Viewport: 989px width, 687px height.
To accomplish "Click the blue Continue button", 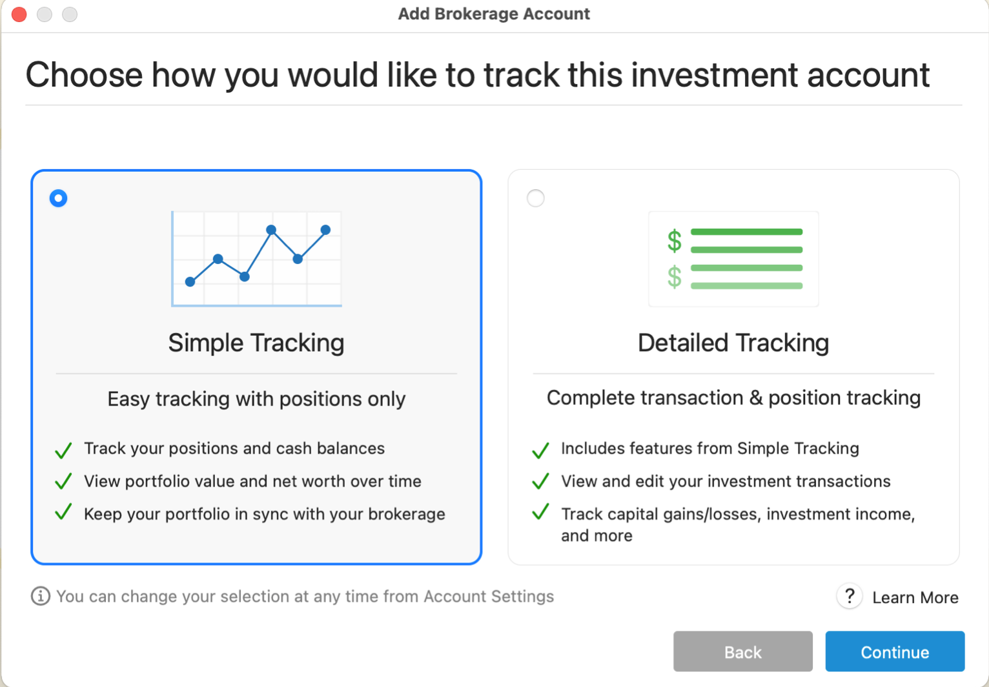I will tap(894, 651).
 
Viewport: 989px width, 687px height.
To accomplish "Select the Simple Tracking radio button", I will tap(59, 198).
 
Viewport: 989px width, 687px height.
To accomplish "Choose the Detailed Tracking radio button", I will tap(536, 198).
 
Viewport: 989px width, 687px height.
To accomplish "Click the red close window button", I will tap(19, 14).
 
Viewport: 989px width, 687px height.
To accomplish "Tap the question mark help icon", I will tap(850, 596).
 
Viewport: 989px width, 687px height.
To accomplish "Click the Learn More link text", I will tap(915, 598).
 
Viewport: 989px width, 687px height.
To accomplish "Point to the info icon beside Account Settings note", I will tap(40, 596).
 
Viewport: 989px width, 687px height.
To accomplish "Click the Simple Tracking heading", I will tap(256, 343).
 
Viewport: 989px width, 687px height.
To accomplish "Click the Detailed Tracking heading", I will tap(733, 343).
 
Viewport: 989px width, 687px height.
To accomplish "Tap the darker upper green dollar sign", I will tap(675, 241).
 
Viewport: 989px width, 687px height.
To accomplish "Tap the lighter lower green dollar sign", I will tap(675, 277).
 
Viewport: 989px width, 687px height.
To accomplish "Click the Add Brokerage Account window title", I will tap(494, 14).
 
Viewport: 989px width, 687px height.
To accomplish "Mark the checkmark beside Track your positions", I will tap(63, 450).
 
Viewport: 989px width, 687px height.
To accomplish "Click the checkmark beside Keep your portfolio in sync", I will tap(63, 513).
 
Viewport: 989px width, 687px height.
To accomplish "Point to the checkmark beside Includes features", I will tap(540, 450).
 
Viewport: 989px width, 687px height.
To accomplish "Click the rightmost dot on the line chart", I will tap(325, 230).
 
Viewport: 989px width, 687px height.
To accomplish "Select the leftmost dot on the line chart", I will tap(190, 282).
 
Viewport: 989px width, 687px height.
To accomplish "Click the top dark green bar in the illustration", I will tap(746, 232).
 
